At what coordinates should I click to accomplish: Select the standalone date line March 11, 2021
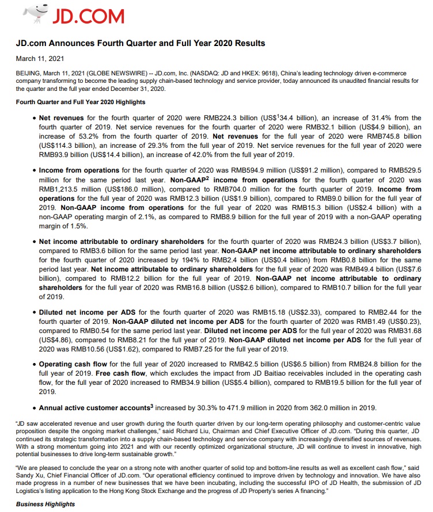[40, 59]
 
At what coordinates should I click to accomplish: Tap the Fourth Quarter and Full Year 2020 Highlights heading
[80, 102]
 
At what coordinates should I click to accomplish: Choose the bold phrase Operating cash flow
[71, 364]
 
